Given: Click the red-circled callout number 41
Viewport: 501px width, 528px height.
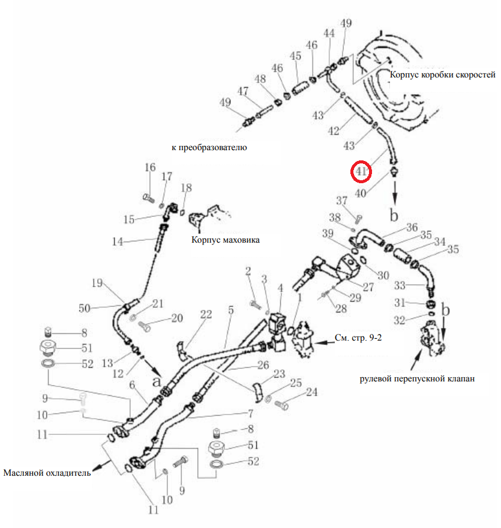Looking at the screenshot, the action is click(361, 171).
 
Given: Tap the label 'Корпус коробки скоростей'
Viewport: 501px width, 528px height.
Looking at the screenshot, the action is click(442, 74).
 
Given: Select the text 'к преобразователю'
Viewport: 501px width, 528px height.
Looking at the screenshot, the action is click(209, 147).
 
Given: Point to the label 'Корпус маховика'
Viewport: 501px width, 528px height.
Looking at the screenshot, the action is click(225, 240).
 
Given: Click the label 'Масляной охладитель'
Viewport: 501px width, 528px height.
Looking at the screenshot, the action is click(47, 473).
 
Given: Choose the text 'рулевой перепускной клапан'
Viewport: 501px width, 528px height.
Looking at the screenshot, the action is click(417, 379).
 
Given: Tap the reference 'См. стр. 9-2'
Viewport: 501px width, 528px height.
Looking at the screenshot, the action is click(358, 338).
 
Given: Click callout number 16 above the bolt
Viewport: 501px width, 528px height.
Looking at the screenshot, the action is click(150, 168).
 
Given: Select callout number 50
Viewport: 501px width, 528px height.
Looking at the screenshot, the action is click(85, 308).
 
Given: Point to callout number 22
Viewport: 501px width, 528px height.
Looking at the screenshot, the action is click(206, 315).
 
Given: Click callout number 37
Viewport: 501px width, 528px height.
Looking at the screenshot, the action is click(341, 201).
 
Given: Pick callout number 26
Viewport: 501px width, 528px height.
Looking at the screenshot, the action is click(263, 365).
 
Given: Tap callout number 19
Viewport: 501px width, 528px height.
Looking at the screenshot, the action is click(97, 283).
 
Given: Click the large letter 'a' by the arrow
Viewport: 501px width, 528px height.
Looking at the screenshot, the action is click(157, 381).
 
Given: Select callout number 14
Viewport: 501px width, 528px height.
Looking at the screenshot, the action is click(118, 241).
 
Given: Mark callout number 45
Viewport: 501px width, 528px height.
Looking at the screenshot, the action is click(295, 56).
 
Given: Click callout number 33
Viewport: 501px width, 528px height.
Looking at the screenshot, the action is click(400, 285).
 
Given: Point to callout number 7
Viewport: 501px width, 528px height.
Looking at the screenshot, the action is click(251, 413).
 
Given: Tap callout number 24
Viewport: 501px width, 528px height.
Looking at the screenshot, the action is click(311, 392).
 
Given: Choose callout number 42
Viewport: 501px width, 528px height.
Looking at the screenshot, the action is click(334, 131).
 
